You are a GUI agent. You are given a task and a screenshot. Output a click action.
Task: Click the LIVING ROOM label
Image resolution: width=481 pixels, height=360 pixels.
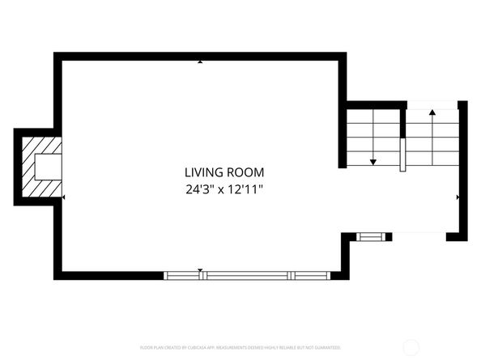pos(224,172)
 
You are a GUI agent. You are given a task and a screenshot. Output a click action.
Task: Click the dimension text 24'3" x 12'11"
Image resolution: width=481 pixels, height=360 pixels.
pos(224,190)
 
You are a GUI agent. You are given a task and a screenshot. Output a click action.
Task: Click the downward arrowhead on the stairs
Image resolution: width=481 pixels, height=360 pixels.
pos(373,162)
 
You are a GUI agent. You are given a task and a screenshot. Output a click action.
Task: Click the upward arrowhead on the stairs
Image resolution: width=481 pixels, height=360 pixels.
pos(432,112)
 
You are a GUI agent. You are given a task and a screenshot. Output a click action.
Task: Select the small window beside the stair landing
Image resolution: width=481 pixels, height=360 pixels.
pos(371,237)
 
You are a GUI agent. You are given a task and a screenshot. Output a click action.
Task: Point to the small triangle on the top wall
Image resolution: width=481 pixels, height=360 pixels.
pos(201,61)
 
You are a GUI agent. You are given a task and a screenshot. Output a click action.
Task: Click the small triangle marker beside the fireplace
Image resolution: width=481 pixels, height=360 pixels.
pos(64,197)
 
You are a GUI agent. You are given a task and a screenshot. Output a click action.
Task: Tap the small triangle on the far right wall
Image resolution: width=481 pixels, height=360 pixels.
pos(458,197)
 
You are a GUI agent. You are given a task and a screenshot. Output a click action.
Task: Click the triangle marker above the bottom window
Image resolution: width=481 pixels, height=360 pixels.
pos(201,270)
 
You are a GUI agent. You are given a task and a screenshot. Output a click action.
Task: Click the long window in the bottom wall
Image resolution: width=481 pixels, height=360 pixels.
pos(247,276)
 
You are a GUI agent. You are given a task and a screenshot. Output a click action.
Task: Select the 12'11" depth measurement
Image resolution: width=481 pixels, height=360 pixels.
pos(247,190)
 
